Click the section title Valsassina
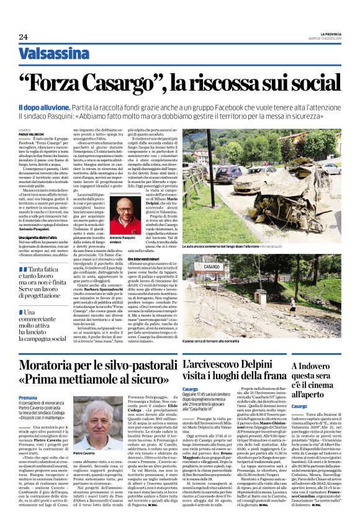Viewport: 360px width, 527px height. point(53,53)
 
